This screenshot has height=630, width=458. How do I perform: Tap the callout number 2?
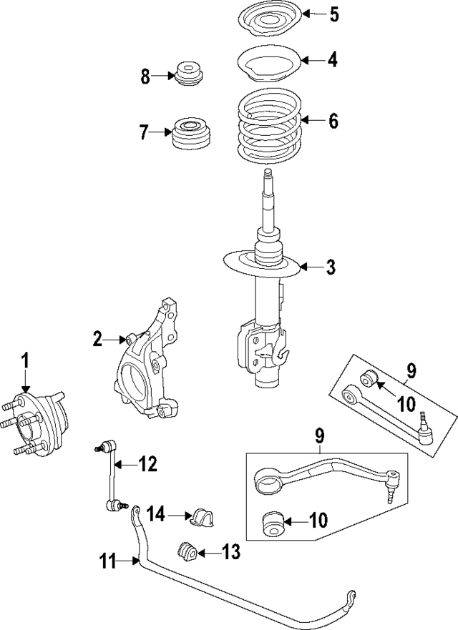pos(98,339)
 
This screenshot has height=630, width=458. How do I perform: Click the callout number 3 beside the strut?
pos(330,267)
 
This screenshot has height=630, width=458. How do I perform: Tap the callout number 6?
pos(333,121)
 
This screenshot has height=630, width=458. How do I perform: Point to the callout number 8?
pos(145,76)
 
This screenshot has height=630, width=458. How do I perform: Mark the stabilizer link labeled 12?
pos(110,476)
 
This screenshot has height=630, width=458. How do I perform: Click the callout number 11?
pos(107,563)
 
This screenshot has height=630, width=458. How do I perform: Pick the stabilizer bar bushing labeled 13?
pos(187,553)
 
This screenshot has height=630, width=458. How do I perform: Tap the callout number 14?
pos(157,513)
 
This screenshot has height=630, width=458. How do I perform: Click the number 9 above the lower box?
pos(319,434)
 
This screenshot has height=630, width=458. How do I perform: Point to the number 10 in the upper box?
pos(406,404)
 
